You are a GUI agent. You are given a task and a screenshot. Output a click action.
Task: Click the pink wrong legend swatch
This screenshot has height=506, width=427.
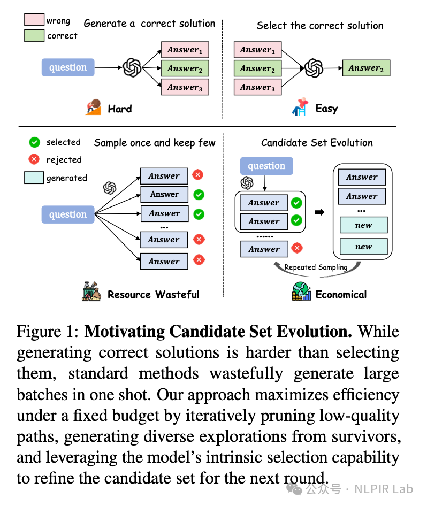[x=34, y=20]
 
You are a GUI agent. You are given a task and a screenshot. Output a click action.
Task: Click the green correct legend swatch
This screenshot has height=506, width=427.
[x=34, y=35]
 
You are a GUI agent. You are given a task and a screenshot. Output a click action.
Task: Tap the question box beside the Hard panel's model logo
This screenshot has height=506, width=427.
[x=68, y=67]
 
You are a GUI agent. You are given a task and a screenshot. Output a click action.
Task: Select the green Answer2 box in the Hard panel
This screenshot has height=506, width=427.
[x=185, y=68]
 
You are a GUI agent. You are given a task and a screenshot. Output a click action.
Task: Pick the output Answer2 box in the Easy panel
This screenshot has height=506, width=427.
[x=367, y=68]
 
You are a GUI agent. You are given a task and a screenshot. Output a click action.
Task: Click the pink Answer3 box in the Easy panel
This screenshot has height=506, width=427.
[x=257, y=87]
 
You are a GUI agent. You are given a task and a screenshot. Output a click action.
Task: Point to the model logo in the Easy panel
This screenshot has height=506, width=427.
[x=314, y=68]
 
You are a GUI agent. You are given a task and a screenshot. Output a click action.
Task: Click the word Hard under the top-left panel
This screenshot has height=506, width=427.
[x=120, y=109]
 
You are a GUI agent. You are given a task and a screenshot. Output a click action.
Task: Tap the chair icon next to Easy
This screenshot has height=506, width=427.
[x=300, y=106]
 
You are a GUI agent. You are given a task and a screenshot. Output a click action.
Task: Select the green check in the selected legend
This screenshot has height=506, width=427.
[x=35, y=142]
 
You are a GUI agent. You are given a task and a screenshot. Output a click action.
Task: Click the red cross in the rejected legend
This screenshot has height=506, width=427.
[x=34, y=159]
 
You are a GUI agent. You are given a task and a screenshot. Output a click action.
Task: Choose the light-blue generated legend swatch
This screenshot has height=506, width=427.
[x=34, y=178]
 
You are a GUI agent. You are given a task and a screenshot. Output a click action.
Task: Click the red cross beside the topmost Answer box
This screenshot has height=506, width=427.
[x=198, y=175]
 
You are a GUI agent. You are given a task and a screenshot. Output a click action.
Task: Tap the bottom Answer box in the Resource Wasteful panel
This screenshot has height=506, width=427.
[x=164, y=262]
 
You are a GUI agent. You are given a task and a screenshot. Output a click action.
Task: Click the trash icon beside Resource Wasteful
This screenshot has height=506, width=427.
[x=91, y=292]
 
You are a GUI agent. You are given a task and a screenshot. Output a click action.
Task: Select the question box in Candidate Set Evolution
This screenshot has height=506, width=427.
[x=266, y=166]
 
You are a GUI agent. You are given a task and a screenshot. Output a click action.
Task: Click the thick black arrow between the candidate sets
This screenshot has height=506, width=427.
[x=319, y=212]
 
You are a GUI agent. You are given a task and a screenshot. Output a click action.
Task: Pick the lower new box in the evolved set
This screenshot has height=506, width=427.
[x=363, y=247]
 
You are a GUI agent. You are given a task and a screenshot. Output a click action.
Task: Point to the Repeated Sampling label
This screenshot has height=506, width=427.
[x=316, y=267]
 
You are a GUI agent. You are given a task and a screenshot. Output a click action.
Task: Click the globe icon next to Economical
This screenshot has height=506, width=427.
[x=301, y=291]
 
